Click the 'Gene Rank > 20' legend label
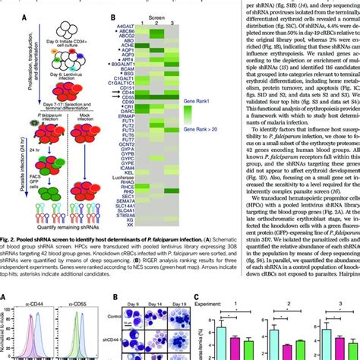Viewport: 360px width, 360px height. tap(223, 131)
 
